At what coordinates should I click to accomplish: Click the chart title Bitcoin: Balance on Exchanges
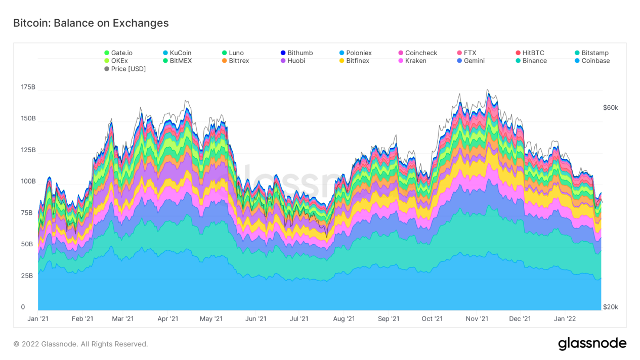(x=91, y=23)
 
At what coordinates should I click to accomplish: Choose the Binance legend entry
(x=534, y=61)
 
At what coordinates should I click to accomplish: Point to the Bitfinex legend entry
(x=357, y=61)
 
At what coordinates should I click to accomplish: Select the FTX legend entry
(x=470, y=53)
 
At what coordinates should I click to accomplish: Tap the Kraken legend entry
(x=415, y=61)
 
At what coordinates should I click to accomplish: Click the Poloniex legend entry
(x=359, y=53)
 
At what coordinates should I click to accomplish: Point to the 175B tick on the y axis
(x=28, y=87)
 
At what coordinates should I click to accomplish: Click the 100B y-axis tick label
(x=28, y=182)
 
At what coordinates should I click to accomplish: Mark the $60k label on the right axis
(x=610, y=108)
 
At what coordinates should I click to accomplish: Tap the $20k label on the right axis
(x=610, y=307)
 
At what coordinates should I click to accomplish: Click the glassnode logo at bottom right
(x=592, y=344)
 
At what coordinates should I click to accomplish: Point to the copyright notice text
(x=80, y=344)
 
